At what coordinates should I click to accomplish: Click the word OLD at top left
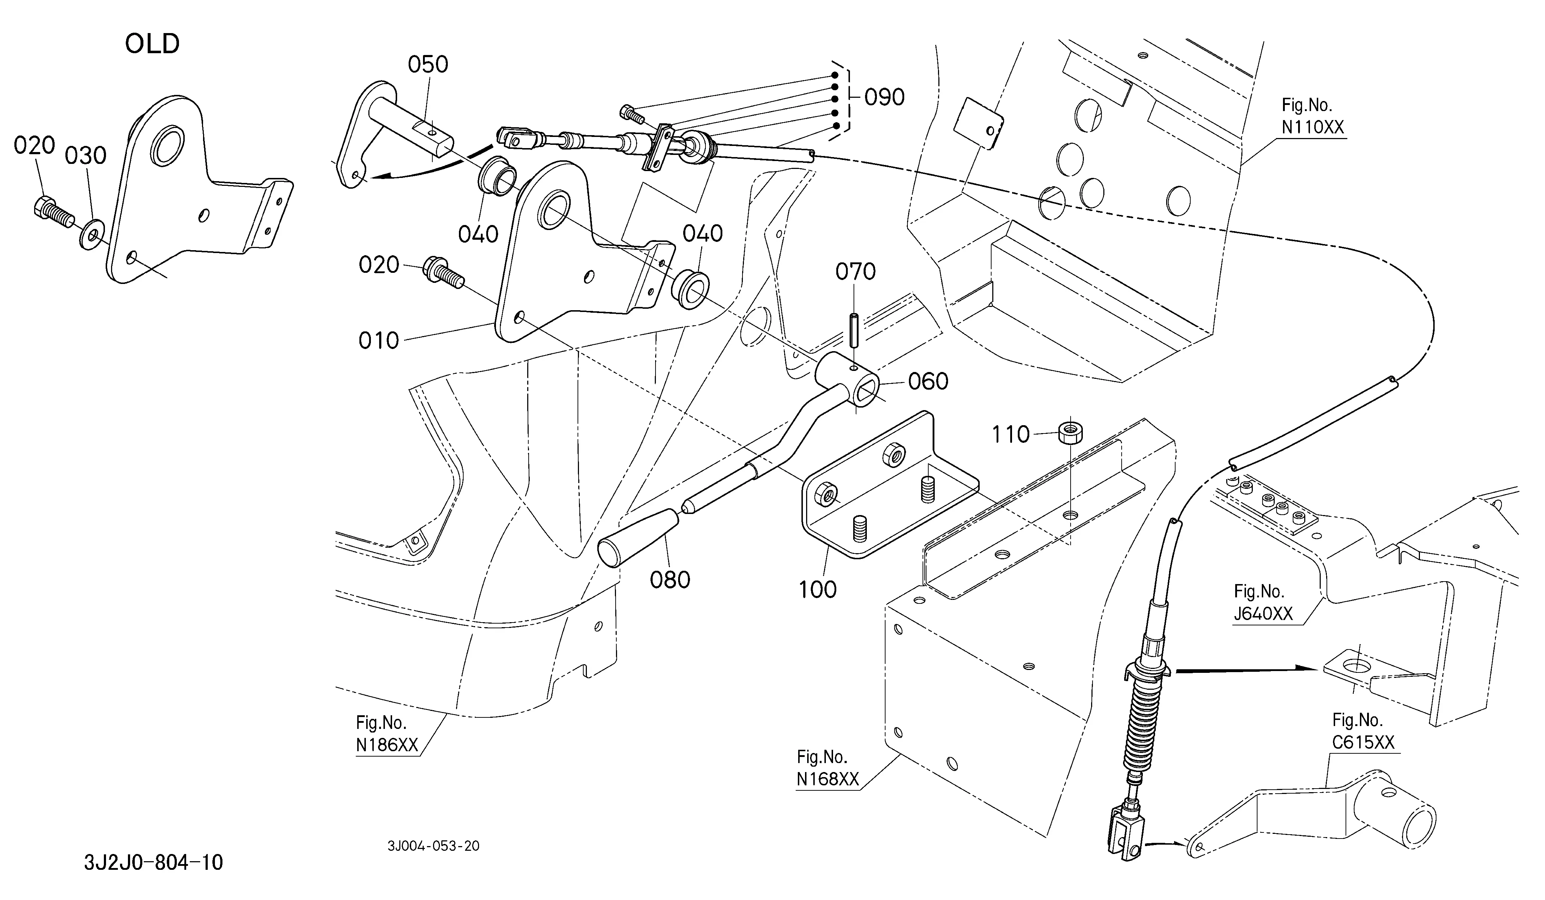pyautogui.click(x=152, y=44)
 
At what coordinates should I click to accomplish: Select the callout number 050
pyautogui.click(x=428, y=64)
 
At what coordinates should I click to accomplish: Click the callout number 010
pyautogui.click(x=378, y=340)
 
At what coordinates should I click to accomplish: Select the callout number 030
pyautogui.click(x=86, y=156)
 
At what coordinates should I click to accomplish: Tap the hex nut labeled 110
pyautogui.click(x=1070, y=432)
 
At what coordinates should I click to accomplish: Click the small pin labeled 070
pyautogui.click(x=852, y=331)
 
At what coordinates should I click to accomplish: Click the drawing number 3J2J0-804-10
pyautogui.click(x=153, y=863)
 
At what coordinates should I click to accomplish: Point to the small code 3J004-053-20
pyautogui.click(x=433, y=846)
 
